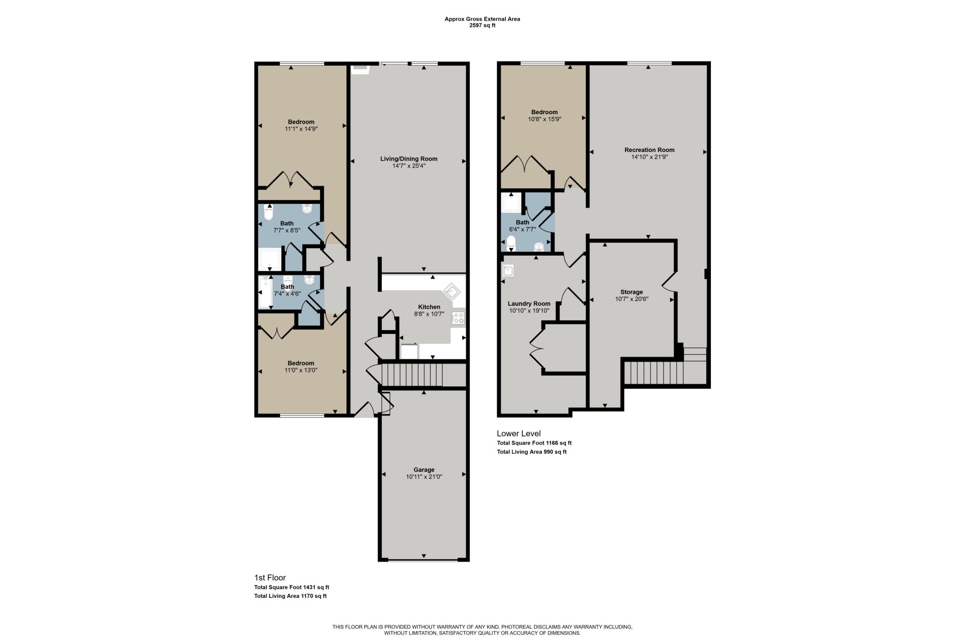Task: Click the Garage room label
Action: point(424,469)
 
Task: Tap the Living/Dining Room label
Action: point(409,158)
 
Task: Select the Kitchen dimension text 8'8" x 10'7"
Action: point(429,314)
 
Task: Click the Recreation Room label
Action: point(649,150)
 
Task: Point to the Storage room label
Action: point(631,292)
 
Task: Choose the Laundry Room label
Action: point(529,304)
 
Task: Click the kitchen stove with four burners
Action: point(458,318)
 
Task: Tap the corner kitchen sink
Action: point(451,292)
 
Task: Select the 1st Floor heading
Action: point(270,578)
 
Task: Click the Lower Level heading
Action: point(519,433)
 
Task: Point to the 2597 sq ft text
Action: point(482,25)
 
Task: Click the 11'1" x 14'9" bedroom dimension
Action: point(301,129)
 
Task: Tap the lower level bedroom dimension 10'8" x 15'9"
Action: point(544,119)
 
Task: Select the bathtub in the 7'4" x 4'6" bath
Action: point(265,292)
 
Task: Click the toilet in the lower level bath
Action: point(511,242)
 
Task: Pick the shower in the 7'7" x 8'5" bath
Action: point(270,259)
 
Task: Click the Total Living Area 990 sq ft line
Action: point(532,452)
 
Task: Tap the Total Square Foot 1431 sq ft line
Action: point(292,587)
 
